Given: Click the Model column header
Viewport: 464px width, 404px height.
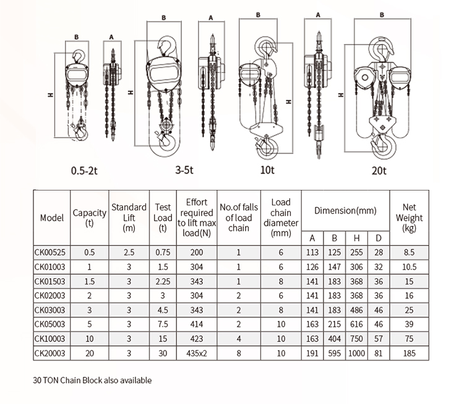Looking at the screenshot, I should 51,218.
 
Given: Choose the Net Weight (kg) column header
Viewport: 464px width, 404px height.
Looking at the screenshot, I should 408,218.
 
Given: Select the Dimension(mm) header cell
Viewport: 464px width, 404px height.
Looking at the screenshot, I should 345,210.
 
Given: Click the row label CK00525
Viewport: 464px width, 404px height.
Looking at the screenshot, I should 51,252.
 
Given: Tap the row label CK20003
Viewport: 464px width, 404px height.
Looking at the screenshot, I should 51,353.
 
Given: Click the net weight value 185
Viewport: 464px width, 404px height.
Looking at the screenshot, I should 408,353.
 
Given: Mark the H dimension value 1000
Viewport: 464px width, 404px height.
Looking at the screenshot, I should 356,353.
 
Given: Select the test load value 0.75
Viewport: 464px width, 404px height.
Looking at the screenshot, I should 162,252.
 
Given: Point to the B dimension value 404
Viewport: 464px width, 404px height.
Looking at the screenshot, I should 334,339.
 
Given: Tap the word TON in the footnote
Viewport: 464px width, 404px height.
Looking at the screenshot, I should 52,380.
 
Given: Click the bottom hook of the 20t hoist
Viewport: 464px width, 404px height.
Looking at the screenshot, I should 382,146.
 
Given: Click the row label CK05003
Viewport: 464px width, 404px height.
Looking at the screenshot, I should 51,324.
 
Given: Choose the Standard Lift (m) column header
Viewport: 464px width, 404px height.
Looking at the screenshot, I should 129,218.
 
